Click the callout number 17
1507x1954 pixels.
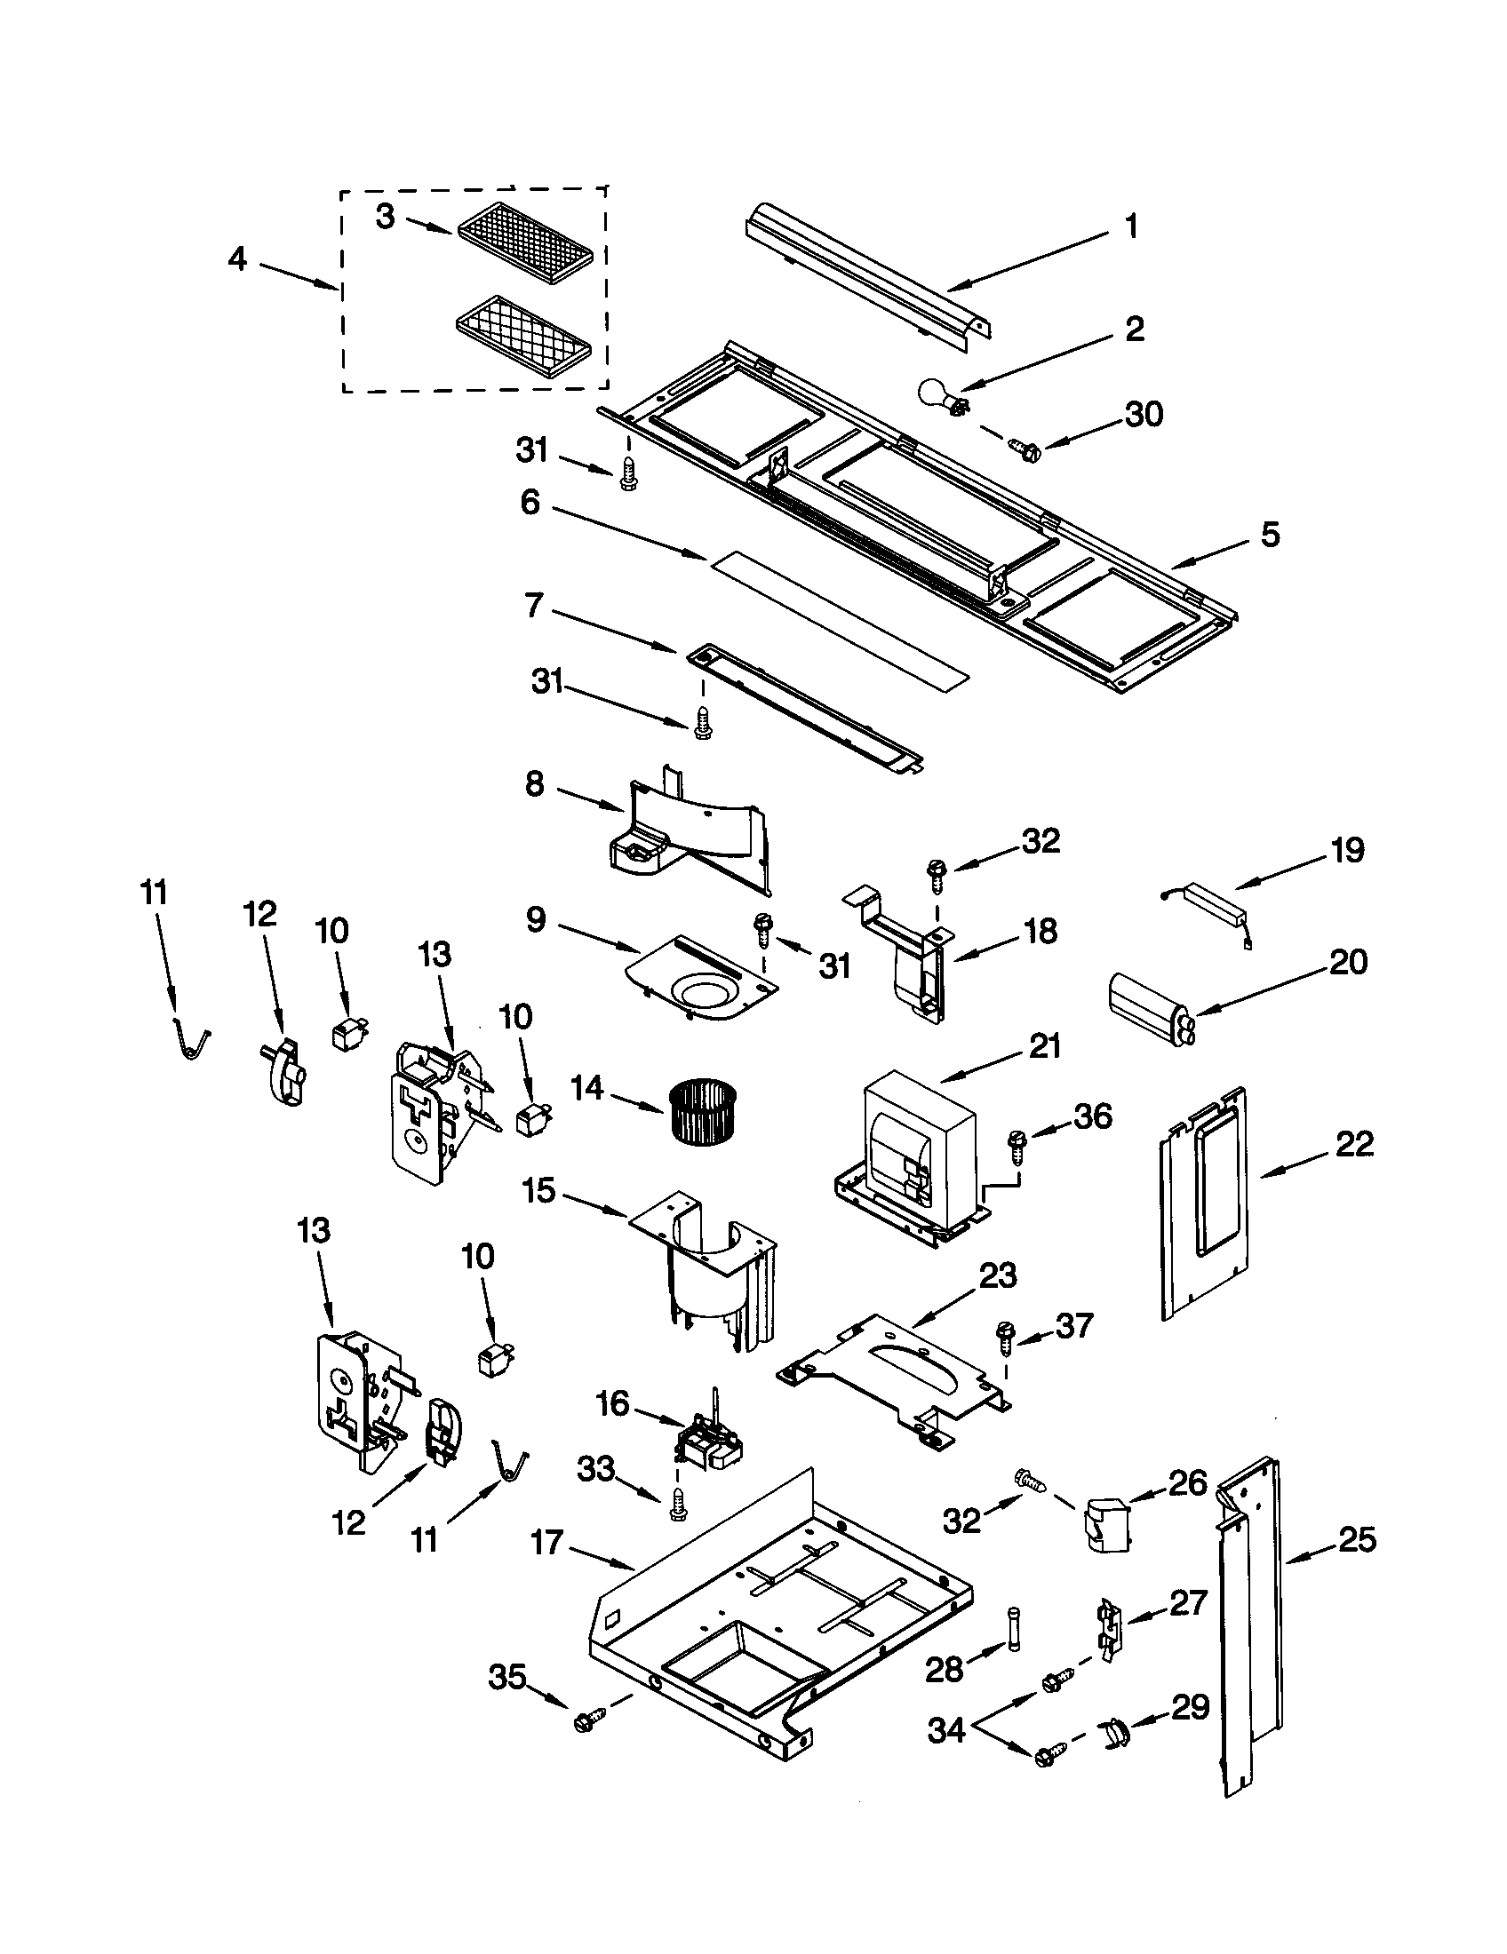coord(546,1542)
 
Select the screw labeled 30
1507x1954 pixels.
coord(1021,448)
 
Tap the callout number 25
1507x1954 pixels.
coord(1357,1540)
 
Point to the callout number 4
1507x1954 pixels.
coord(237,259)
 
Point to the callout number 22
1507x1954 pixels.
coord(1354,1143)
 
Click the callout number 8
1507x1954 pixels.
coord(534,784)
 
